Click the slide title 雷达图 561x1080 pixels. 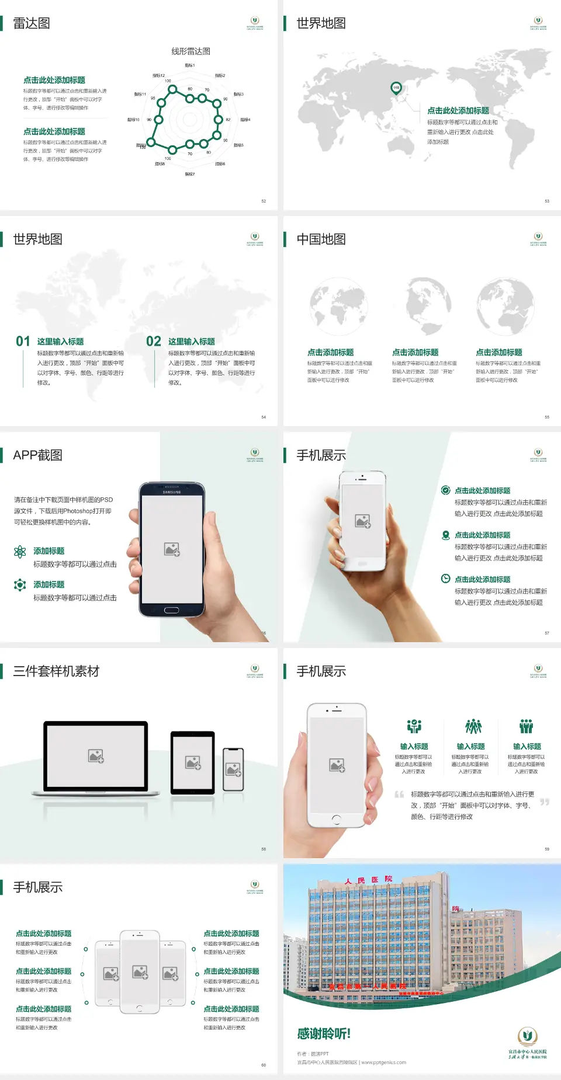click(x=32, y=23)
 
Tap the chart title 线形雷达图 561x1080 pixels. click(x=191, y=51)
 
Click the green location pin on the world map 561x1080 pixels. click(x=396, y=88)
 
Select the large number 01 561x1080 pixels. click(x=23, y=342)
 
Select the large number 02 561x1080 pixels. click(x=154, y=342)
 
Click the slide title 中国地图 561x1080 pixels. click(x=321, y=239)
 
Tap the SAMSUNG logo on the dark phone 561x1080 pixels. click(x=172, y=492)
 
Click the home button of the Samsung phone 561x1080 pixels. click(x=171, y=610)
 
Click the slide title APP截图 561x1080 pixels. click(x=38, y=455)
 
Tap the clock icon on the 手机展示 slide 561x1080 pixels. click(x=445, y=579)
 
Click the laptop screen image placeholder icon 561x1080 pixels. click(x=96, y=756)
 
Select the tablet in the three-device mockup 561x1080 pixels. click(x=193, y=762)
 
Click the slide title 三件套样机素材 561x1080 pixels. click(x=56, y=671)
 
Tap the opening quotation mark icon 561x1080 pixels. click(x=399, y=795)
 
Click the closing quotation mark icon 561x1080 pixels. click(x=545, y=802)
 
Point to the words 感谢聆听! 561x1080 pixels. click(x=324, y=1034)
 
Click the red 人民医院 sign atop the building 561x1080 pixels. click(x=368, y=880)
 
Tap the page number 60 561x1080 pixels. click(x=264, y=1065)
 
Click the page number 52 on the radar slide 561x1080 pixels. click(x=264, y=201)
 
